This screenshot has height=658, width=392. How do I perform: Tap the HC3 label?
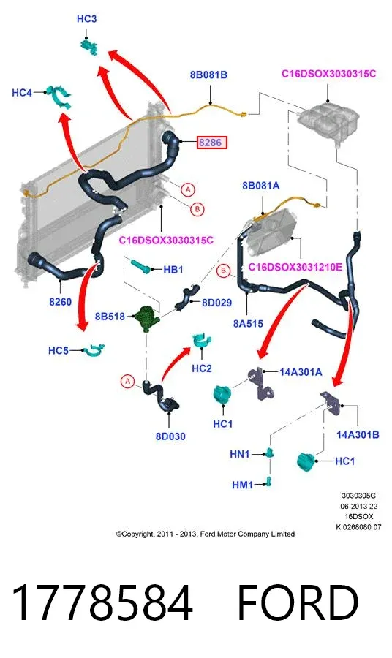tap(86, 19)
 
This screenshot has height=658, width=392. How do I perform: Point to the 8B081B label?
tap(208, 75)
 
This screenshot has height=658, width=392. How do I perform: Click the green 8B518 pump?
tap(146, 318)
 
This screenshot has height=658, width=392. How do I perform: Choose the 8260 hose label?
tap(61, 302)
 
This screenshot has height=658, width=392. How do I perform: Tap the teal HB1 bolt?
tap(140, 266)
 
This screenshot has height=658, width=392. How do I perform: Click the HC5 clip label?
tap(59, 350)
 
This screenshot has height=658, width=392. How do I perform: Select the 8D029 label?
tap(216, 303)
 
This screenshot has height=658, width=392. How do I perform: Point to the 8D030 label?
tap(170, 436)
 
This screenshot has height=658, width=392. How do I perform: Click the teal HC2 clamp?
tap(202, 340)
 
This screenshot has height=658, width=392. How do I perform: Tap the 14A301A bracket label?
tap(301, 372)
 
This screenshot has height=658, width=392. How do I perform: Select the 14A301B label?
tap(358, 435)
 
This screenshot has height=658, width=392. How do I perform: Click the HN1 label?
tap(240, 454)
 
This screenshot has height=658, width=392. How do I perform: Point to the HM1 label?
tap(243, 485)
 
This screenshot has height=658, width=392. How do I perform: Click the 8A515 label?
tap(248, 324)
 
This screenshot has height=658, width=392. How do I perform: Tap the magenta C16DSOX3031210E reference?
tap(295, 267)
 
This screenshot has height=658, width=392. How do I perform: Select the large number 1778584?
tap(102, 602)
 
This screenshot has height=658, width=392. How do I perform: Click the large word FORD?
tap(298, 602)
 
